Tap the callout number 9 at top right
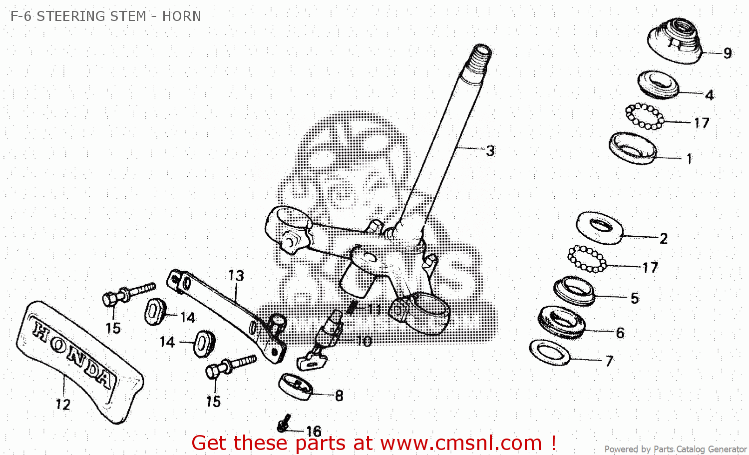(728, 53)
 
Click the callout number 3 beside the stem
(490, 150)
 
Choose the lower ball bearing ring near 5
(587, 259)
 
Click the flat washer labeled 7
(550, 352)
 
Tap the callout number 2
(663, 238)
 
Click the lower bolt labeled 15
(230, 366)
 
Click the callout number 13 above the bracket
(236, 275)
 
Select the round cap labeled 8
(295, 386)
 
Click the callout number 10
(364, 341)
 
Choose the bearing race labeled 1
(632, 148)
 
